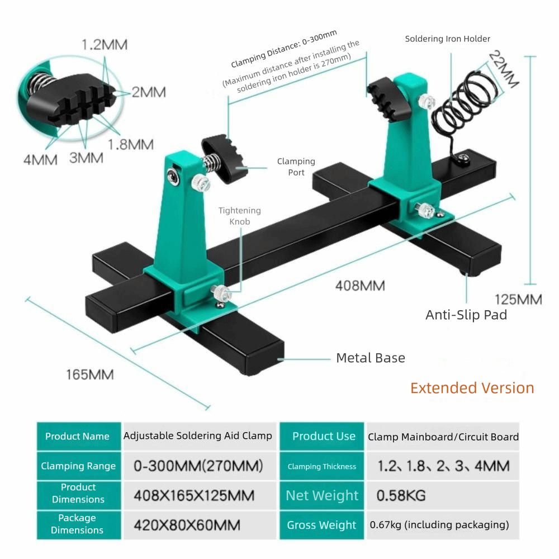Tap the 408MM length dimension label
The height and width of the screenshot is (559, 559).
pyautogui.click(x=360, y=286)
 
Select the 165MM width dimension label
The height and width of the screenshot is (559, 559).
pyautogui.click(x=89, y=374)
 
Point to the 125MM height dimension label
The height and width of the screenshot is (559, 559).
pyautogui.click(x=518, y=299)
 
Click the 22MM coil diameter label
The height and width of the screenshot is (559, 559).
pyautogui.click(x=504, y=69)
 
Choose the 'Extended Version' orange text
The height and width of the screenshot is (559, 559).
pyautogui.click(x=472, y=388)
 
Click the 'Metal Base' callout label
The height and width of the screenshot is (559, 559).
pyautogui.click(x=370, y=358)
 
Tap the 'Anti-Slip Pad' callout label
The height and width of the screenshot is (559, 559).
pyautogui.click(x=466, y=315)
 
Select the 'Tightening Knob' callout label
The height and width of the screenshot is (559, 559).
pyautogui.click(x=239, y=216)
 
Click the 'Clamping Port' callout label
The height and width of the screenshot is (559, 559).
pyautogui.click(x=296, y=167)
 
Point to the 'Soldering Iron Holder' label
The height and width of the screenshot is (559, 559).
pyautogui.click(x=447, y=39)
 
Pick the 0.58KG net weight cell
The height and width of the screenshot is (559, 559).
pyautogui.click(x=401, y=495)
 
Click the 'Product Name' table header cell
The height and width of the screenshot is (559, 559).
pyautogui.click(x=78, y=437)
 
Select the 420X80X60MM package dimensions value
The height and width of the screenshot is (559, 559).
pyautogui.click(x=187, y=525)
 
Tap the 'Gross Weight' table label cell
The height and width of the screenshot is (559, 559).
pyautogui.click(x=321, y=525)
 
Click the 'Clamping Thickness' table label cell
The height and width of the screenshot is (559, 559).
pyautogui.click(x=321, y=466)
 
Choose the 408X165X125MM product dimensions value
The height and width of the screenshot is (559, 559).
pyautogui.click(x=194, y=495)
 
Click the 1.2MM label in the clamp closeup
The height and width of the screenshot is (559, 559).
pyautogui.click(x=104, y=45)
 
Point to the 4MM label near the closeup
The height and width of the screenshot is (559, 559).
pyautogui.click(x=40, y=159)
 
